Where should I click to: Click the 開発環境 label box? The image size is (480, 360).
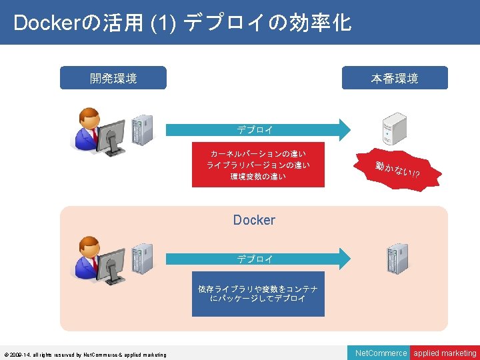tap(113, 78)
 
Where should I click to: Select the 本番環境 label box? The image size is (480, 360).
tap(394, 78)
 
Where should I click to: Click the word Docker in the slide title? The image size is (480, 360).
tap(45, 23)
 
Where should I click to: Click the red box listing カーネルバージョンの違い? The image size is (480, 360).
tap(257, 164)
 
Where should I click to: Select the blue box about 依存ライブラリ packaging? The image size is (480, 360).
tap(258, 293)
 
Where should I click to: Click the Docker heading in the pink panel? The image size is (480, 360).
tap(254, 220)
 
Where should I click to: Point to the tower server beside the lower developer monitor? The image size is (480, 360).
tap(141, 258)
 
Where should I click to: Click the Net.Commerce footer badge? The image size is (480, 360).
tap(381, 353)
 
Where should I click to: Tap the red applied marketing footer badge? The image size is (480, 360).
tap(445, 353)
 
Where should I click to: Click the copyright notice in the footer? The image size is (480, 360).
tap(85, 354)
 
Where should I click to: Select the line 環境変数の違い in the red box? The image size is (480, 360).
tap(257, 177)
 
